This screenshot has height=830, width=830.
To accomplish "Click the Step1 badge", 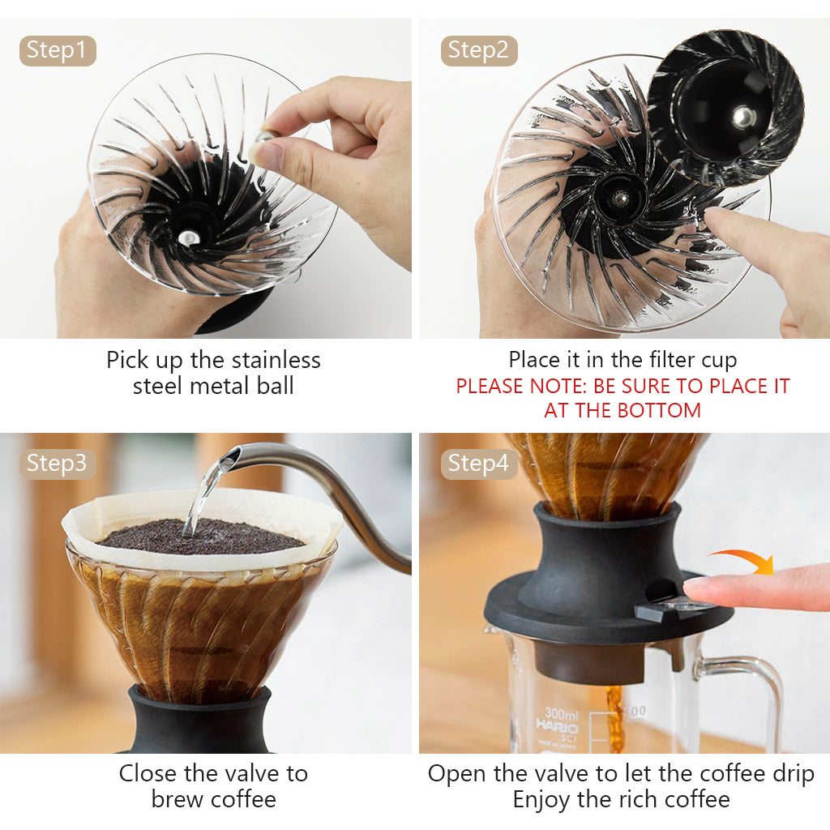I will pos(57,50).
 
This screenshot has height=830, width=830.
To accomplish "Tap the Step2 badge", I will pos(478,50).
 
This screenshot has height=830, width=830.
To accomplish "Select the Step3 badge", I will pos(57,464).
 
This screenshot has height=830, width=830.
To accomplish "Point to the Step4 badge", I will pos(478,464).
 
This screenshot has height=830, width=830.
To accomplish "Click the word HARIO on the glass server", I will pos(558,726).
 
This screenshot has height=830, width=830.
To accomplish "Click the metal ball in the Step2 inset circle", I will pos(744,117).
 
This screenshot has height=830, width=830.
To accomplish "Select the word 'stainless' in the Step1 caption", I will pos(276,360).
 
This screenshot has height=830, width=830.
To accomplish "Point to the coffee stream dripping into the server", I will pos(616,713).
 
